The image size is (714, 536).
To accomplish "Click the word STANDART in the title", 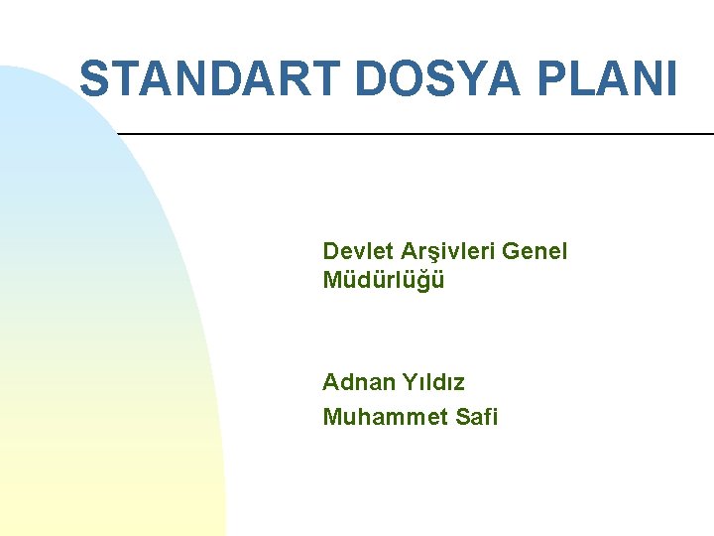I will point(211,78).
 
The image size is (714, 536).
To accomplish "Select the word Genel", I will point(535,251).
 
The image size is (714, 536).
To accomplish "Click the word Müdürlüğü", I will point(384,280).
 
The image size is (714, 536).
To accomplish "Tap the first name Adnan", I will point(358,382).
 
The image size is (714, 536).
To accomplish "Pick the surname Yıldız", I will point(433,382).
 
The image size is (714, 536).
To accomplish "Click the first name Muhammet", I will point(381,417).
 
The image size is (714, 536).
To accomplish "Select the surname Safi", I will point(477,417).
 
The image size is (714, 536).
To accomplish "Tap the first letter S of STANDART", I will point(95,78).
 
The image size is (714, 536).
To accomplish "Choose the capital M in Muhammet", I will point(332,417).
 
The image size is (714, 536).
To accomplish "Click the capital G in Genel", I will point(512,251).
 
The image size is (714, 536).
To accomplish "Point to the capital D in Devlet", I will point(330,251).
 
